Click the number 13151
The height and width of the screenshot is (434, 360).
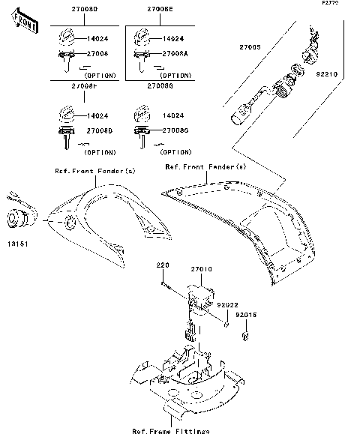[x=19, y=245]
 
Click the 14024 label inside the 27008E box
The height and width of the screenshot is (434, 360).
[x=173, y=37]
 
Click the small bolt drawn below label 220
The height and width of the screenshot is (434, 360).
[x=166, y=283]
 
